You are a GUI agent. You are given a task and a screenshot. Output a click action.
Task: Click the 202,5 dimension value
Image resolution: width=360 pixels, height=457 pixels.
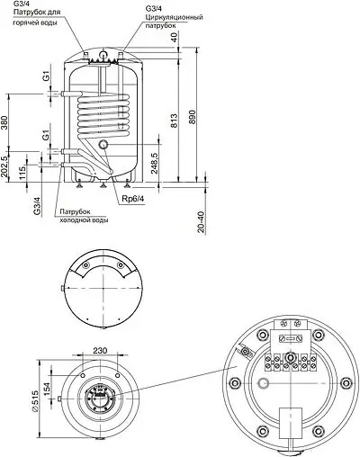coord(7,167)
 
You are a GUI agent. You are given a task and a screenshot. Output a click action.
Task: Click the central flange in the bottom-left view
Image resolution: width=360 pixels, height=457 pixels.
coord(99,399)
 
